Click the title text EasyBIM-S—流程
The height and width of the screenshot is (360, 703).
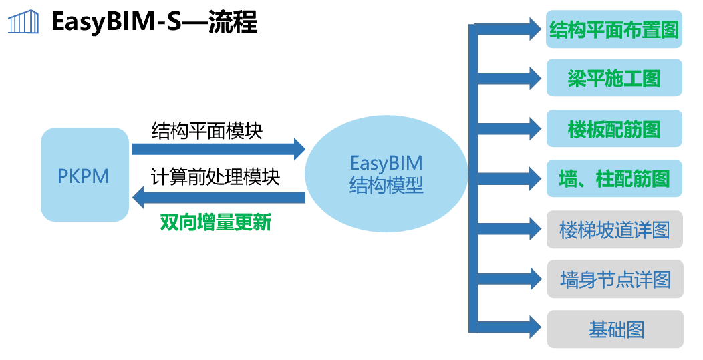(x=154, y=23)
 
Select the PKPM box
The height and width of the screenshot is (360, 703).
(x=84, y=175)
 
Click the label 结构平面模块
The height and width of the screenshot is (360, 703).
(x=207, y=130)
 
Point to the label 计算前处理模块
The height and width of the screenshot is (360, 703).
(x=215, y=178)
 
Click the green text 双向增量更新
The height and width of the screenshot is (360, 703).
(x=215, y=222)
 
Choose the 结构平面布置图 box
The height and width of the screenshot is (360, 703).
(x=614, y=29)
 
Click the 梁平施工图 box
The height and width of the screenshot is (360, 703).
(x=614, y=78)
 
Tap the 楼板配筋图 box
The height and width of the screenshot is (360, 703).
(x=614, y=129)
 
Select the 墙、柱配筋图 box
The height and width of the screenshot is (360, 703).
(x=614, y=178)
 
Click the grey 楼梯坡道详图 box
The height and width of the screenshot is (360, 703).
(x=614, y=230)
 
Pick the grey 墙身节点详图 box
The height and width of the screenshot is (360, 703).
(x=614, y=279)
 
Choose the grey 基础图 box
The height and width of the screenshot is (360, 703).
(x=614, y=329)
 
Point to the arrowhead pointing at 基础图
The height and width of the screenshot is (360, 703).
(x=532, y=327)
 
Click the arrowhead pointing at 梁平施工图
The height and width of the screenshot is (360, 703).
(x=532, y=78)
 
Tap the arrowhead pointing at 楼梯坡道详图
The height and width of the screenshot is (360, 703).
(x=532, y=228)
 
